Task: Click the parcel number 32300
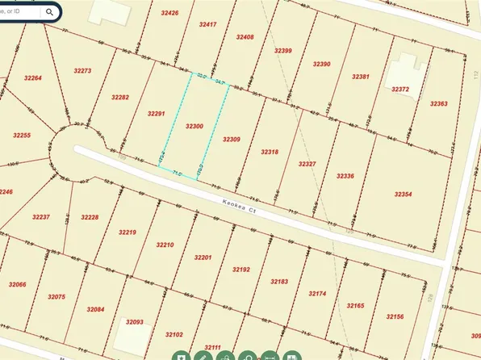[194, 127]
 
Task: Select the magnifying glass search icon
[50, 12]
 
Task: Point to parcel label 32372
[400, 90]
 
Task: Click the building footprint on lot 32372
[404, 76]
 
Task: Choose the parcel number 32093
[133, 322]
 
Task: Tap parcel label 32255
[22, 135]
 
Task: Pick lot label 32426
[169, 13]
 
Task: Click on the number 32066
[16, 284]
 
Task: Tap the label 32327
[307, 164]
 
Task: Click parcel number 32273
[82, 71]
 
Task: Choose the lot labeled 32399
[282, 50]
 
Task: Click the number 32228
[89, 217]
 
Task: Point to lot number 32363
[438, 104]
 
